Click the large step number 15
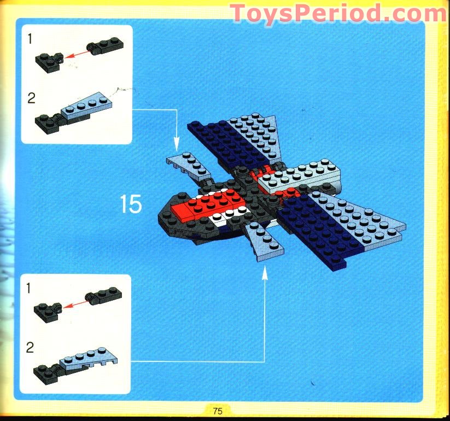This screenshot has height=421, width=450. tap(131, 204)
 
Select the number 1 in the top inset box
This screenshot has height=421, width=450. tap(32, 38)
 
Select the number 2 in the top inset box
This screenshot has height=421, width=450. tap(32, 98)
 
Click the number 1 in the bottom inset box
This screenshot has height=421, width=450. tap(32, 286)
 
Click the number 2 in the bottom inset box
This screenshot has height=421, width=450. tap(32, 347)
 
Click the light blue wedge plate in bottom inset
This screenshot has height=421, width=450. tap(90, 361)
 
